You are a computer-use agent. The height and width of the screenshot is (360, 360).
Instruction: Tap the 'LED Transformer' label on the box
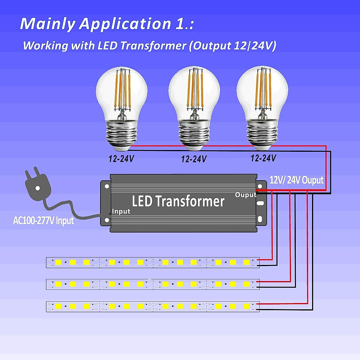click(178, 201)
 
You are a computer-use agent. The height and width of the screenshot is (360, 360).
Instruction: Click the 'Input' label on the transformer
click(121, 211)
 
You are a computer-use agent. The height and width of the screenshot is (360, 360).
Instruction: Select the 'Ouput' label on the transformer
click(245, 195)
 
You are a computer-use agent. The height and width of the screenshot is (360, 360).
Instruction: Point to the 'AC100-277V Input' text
click(43, 221)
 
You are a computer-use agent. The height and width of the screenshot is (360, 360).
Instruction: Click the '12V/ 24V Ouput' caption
click(296, 180)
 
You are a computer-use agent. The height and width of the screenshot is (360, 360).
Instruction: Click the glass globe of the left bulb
click(121, 90)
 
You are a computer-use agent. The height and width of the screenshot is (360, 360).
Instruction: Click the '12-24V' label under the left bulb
click(121, 159)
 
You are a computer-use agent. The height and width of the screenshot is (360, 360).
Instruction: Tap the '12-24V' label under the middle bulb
click(194, 159)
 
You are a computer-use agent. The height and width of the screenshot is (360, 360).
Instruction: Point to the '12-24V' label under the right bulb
click(263, 158)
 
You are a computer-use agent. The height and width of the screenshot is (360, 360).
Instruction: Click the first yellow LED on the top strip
click(58, 262)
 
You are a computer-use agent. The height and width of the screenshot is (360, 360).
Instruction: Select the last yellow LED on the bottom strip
click(247, 306)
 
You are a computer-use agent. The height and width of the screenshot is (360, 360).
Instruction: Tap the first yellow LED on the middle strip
click(58, 284)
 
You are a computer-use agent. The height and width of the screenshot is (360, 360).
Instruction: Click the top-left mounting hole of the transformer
click(107, 186)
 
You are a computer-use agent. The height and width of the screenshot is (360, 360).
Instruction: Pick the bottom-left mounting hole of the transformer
click(107, 220)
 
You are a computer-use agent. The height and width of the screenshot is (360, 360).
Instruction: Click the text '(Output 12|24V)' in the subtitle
click(232, 46)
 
